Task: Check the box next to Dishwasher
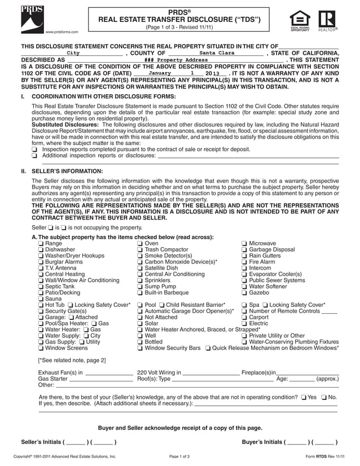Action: [x=41, y=249]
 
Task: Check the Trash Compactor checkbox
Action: [x=140, y=249]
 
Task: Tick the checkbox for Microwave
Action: [x=244, y=243]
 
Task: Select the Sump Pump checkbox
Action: [x=140, y=286]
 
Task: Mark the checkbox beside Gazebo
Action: [x=244, y=292]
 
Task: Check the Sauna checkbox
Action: [x=41, y=298]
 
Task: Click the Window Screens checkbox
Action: [x=41, y=348]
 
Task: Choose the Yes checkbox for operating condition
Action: [x=304, y=397]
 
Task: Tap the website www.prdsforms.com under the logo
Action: [x=62, y=32]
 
